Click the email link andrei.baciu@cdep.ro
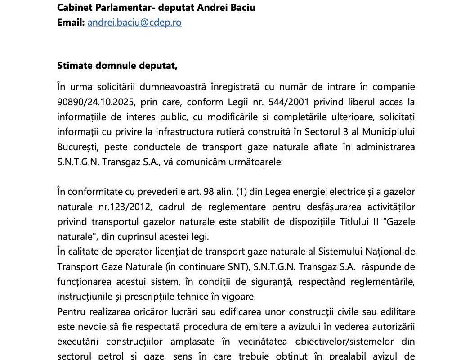134,22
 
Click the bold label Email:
71,22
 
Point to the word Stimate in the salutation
73,66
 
